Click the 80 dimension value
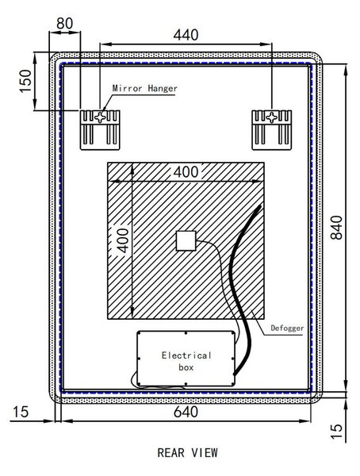[65, 23]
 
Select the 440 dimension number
[186, 35]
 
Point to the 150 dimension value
[25, 81]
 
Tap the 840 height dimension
[336, 228]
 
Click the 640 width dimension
[186, 412]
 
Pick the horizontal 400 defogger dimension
[186, 172]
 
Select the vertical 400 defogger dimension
[123, 240]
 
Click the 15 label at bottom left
[21, 412]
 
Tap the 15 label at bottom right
[336, 432]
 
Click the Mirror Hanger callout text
[145, 88]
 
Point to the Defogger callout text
[287, 328]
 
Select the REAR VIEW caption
[188, 453]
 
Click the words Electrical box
[186, 361]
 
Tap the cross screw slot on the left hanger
[100, 117]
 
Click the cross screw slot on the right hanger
[272, 117]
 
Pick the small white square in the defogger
[186, 241]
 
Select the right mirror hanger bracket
[272, 130]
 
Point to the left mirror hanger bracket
[100, 130]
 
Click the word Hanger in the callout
[163, 88]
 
